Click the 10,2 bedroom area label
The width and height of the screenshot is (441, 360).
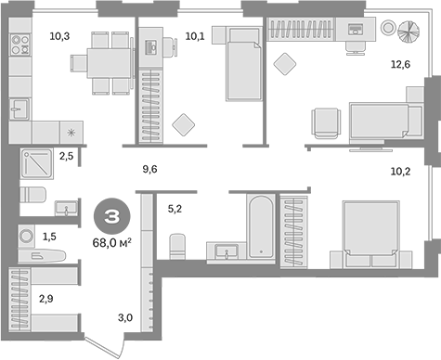point(398,170)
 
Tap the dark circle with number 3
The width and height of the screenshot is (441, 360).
point(110,218)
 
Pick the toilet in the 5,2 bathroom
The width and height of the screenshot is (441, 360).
point(175,246)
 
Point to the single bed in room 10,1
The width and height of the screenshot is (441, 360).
point(243,65)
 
